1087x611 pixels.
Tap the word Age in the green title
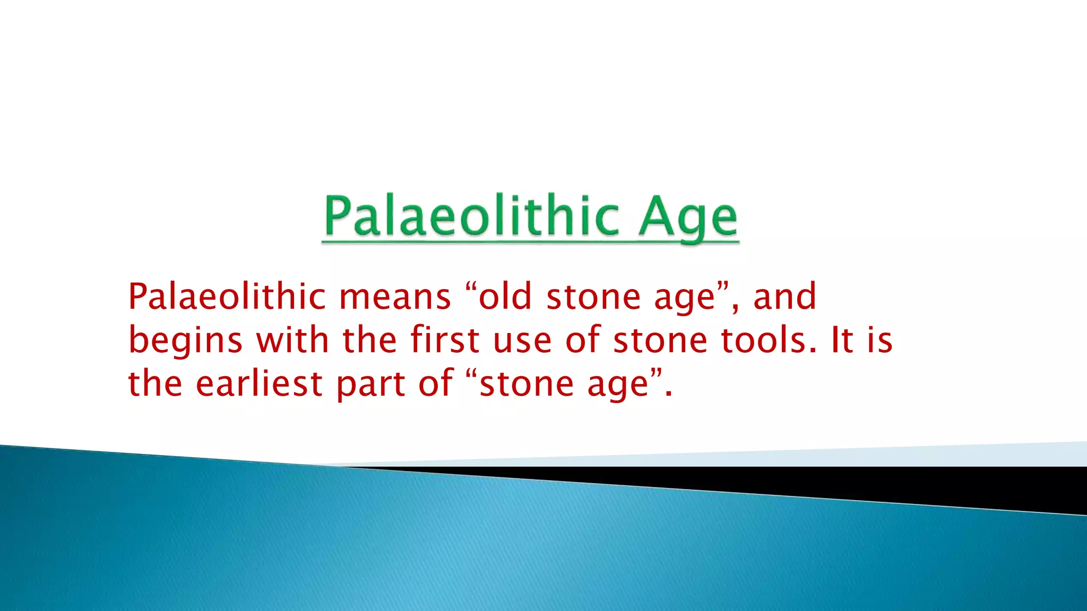click(688, 217)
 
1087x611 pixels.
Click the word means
click(395, 297)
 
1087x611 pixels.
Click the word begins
click(185, 341)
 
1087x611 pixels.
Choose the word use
click(522, 341)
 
